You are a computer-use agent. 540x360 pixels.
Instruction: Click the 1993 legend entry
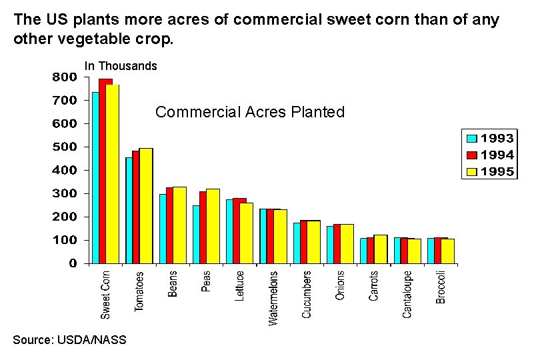(x=490, y=139)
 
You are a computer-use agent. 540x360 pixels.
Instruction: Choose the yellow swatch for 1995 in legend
(x=472, y=172)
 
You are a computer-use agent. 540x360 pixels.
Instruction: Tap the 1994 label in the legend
(x=498, y=155)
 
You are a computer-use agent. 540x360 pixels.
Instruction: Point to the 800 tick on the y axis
(x=65, y=77)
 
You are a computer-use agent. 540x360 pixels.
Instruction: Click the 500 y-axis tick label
(x=65, y=147)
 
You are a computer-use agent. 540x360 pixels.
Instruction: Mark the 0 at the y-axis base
(x=73, y=263)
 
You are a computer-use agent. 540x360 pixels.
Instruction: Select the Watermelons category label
(x=273, y=297)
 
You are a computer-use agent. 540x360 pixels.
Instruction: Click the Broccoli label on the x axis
(x=441, y=287)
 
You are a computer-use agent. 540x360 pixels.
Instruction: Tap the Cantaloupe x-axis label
(x=407, y=293)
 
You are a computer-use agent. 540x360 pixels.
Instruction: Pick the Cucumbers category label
(x=307, y=294)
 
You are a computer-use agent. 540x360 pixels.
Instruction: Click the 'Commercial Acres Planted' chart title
(x=250, y=112)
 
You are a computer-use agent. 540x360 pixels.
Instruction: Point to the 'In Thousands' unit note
(x=121, y=66)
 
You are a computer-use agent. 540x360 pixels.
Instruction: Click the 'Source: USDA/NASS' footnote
(x=69, y=340)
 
